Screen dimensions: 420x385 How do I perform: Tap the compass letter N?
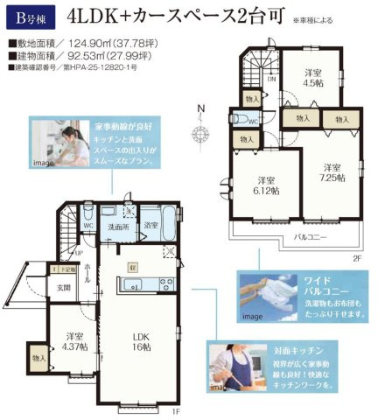click(200, 108)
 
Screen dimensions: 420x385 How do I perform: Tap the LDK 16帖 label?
click(143, 342)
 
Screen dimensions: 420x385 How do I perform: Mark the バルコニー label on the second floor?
click(310, 237)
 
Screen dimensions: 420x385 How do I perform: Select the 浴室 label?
click(151, 225)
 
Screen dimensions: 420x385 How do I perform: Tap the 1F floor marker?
click(174, 411)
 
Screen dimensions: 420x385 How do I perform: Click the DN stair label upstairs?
click(272, 78)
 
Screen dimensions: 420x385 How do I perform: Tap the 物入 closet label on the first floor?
click(38, 357)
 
